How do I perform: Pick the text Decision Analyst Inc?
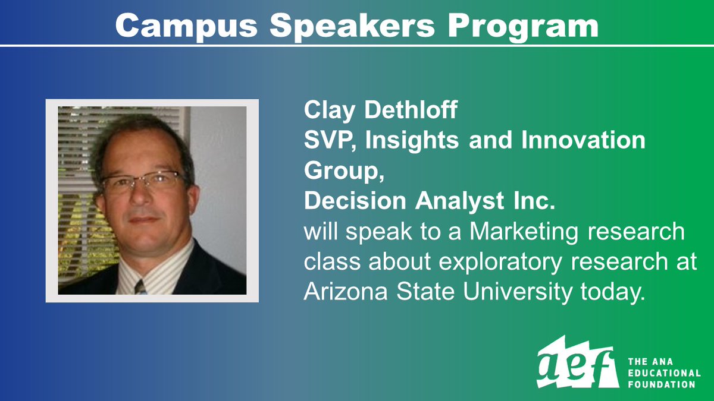point(429,202)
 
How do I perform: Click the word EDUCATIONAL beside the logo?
point(664,372)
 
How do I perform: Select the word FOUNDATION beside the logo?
point(661,384)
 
